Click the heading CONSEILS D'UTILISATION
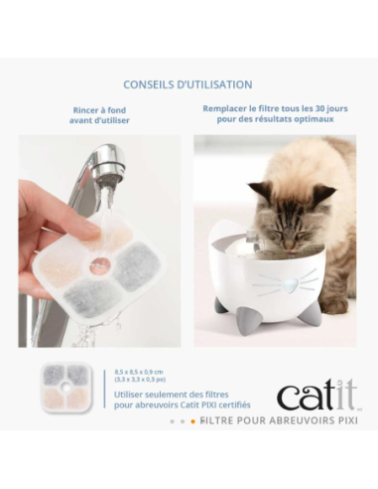click(188, 84)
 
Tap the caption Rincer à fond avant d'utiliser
click(100, 114)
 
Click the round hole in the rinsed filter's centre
click(99, 265)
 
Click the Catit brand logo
click(316, 395)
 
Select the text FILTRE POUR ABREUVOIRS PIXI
click(277, 420)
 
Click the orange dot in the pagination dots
click(192, 421)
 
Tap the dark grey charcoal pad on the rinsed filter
click(136, 266)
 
